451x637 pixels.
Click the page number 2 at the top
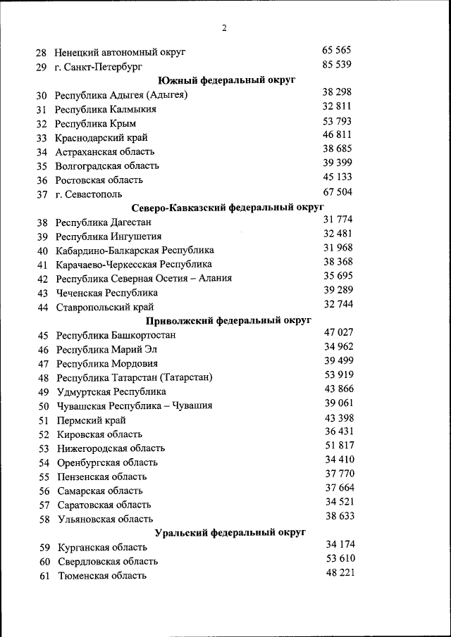click(x=224, y=29)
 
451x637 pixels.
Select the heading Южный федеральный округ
click(x=226, y=80)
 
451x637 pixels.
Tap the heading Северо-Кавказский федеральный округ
click(x=228, y=208)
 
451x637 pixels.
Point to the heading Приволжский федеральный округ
click(x=228, y=321)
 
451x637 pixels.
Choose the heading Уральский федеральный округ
click(x=230, y=533)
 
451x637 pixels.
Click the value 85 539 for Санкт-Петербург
click(x=337, y=65)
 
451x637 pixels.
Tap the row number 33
click(x=42, y=138)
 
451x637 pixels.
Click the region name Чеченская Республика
click(x=107, y=293)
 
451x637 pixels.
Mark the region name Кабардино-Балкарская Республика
click(x=135, y=251)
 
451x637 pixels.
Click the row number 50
click(x=43, y=406)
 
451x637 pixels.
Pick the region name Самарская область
click(x=100, y=491)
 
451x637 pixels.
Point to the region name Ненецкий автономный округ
click(x=120, y=53)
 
